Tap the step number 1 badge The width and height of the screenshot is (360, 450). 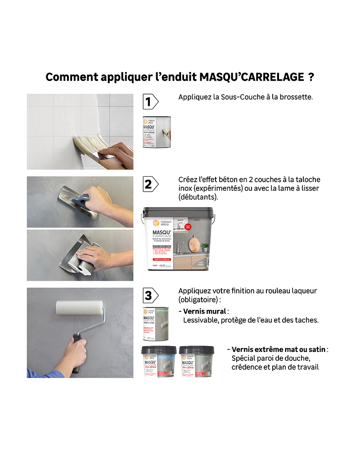point(149,102)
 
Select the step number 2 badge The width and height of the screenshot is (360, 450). point(149,184)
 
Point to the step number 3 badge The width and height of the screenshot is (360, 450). point(149,296)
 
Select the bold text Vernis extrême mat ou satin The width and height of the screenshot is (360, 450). point(279,349)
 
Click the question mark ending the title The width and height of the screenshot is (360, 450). point(311,77)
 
